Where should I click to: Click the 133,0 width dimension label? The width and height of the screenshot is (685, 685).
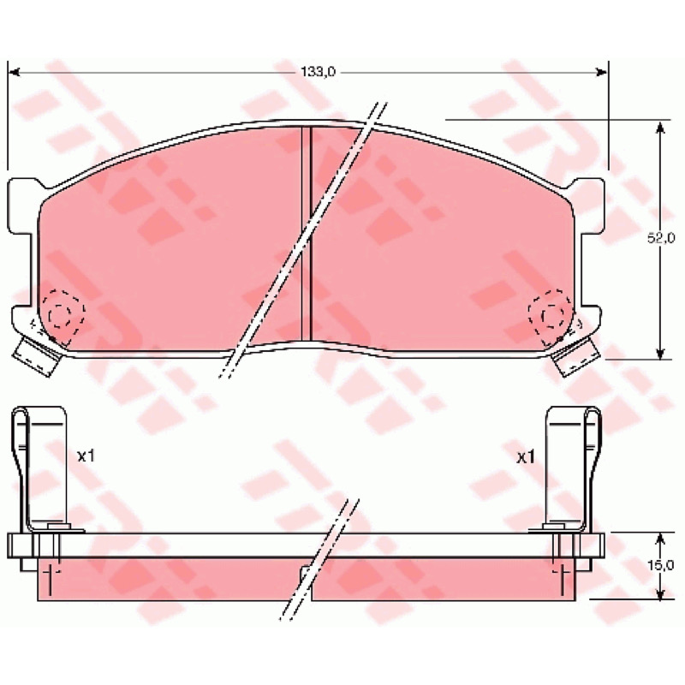[318, 72]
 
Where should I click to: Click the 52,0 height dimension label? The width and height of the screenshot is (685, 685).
[660, 238]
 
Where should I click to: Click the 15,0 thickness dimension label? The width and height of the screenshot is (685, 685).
[660, 565]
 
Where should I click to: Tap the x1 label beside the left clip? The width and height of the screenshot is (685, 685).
[86, 457]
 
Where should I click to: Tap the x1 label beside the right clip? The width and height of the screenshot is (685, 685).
[526, 458]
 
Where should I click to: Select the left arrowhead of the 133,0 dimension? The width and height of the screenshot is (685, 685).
[15, 72]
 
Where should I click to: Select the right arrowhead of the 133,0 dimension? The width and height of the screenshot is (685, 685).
[602, 72]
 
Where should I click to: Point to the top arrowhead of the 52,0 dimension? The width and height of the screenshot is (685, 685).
[660, 127]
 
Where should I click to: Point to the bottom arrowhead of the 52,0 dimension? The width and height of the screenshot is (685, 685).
[660, 353]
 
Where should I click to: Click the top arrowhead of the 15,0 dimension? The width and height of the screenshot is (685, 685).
[660, 539]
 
